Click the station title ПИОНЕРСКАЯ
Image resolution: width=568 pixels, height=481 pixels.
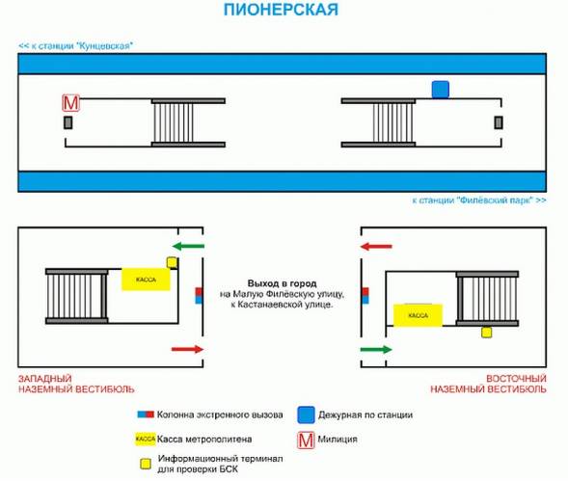coord(281,10)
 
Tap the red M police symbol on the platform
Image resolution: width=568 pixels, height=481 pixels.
coord(70,103)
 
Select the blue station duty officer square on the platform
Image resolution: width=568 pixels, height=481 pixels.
coord(441,90)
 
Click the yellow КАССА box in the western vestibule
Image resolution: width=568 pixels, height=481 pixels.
coord(146,280)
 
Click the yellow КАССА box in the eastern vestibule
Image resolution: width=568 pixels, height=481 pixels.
coord(418,315)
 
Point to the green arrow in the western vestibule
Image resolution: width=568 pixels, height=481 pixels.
coord(188,247)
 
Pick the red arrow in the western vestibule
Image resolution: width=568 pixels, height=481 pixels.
coord(188,349)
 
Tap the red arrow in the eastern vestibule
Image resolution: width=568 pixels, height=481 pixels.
coord(376,247)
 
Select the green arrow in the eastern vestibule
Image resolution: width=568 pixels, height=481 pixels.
coord(376,350)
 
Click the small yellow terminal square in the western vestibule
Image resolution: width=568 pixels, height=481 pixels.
coord(172,262)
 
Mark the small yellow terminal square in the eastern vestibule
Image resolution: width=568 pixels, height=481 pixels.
coord(486,333)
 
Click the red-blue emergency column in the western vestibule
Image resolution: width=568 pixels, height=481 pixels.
coord(199,296)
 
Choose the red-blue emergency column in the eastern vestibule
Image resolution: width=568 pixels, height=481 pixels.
coord(365,296)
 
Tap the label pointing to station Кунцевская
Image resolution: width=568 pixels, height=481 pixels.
coord(76,46)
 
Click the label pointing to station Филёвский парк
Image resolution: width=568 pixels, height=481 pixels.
coord(479,200)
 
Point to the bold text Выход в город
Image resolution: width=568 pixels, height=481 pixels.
coord(282,283)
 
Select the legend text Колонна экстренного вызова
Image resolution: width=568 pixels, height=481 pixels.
coord(220,414)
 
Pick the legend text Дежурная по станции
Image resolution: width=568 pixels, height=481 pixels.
coord(365,414)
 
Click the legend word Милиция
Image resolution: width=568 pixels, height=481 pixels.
coord(338,440)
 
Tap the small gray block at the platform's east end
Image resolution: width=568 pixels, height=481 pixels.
coord(499,122)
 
